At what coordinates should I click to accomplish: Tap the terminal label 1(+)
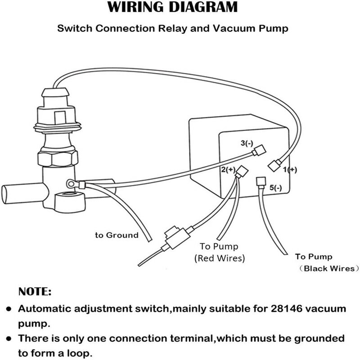(289, 170)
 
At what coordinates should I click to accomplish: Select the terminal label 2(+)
(228, 170)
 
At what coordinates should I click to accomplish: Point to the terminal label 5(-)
(275, 188)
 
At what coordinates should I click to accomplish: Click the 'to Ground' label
(116, 235)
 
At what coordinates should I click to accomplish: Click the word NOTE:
(35, 292)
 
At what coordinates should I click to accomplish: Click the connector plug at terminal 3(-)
(257, 151)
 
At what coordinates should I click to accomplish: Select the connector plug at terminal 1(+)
(274, 165)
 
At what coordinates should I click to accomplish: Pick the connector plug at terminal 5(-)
(260, 182)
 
